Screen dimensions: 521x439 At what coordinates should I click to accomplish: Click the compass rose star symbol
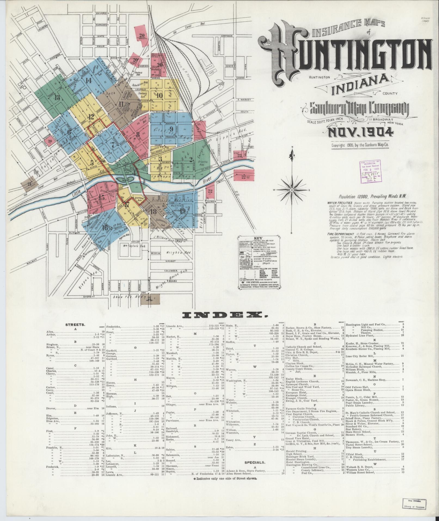coord(292,190)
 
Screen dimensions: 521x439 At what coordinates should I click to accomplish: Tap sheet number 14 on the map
coord(88,81)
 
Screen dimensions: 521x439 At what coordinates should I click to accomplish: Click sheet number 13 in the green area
coord(57,98)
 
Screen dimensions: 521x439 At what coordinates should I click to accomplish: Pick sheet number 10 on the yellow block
coord(159,96)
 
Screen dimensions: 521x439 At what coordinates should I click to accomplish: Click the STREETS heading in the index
coord(75,325)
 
